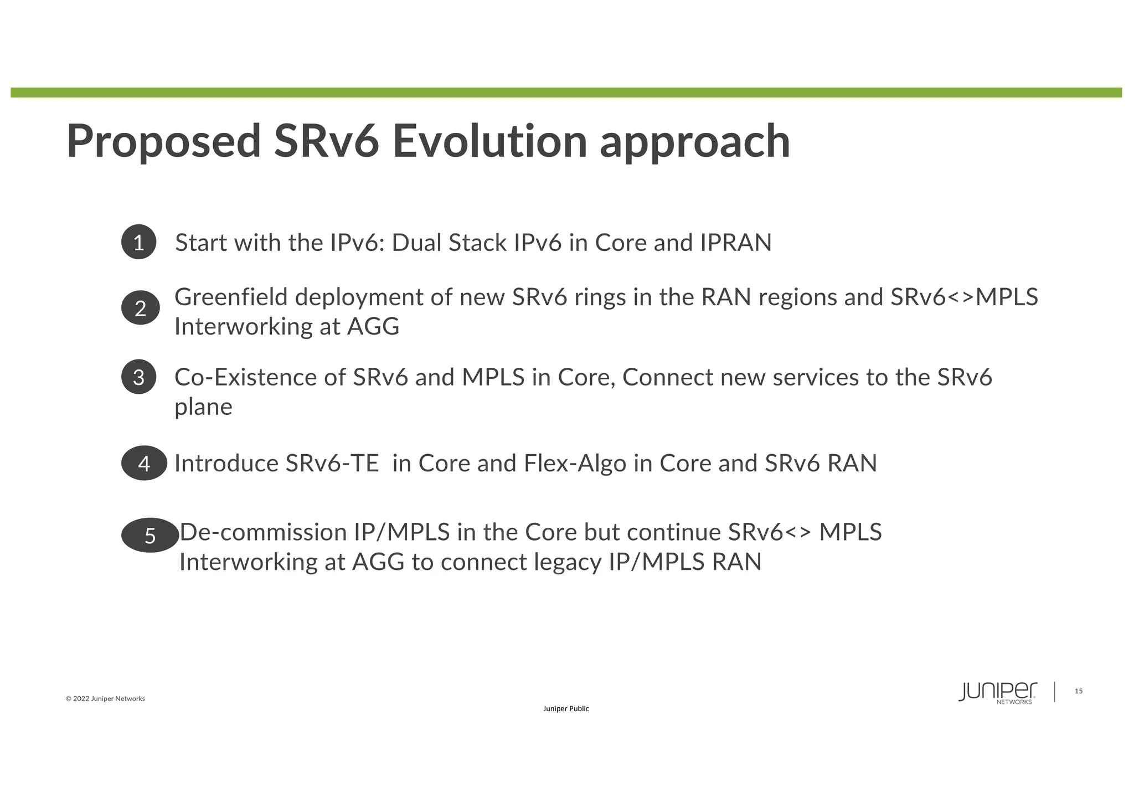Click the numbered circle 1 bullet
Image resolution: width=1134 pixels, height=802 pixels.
pos(138,242)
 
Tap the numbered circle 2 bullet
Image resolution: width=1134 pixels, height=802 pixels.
pos(141,307)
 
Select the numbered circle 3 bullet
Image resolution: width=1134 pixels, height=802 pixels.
pos(138,377)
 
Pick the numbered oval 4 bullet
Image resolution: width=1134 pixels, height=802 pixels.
pos(144,463)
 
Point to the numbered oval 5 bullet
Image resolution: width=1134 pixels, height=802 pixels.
pos(150,535)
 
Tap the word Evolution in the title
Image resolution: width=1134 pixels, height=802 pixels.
pos(489,142)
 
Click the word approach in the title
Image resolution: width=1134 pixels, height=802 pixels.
pos(695,142)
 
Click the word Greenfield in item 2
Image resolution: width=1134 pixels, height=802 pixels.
pos(231,297)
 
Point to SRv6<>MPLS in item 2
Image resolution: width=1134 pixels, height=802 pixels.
pos(964,297)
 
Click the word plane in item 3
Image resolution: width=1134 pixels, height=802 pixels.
pos(203,407)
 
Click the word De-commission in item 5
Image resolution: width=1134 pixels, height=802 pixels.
pos(263,532)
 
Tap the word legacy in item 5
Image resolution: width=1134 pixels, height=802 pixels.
pos(568,562)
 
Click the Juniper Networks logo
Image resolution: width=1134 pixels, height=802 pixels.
pos(998,692)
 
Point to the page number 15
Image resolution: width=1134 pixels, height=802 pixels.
pos(1078,691)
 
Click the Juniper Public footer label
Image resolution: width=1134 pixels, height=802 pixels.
pos(566,709)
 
